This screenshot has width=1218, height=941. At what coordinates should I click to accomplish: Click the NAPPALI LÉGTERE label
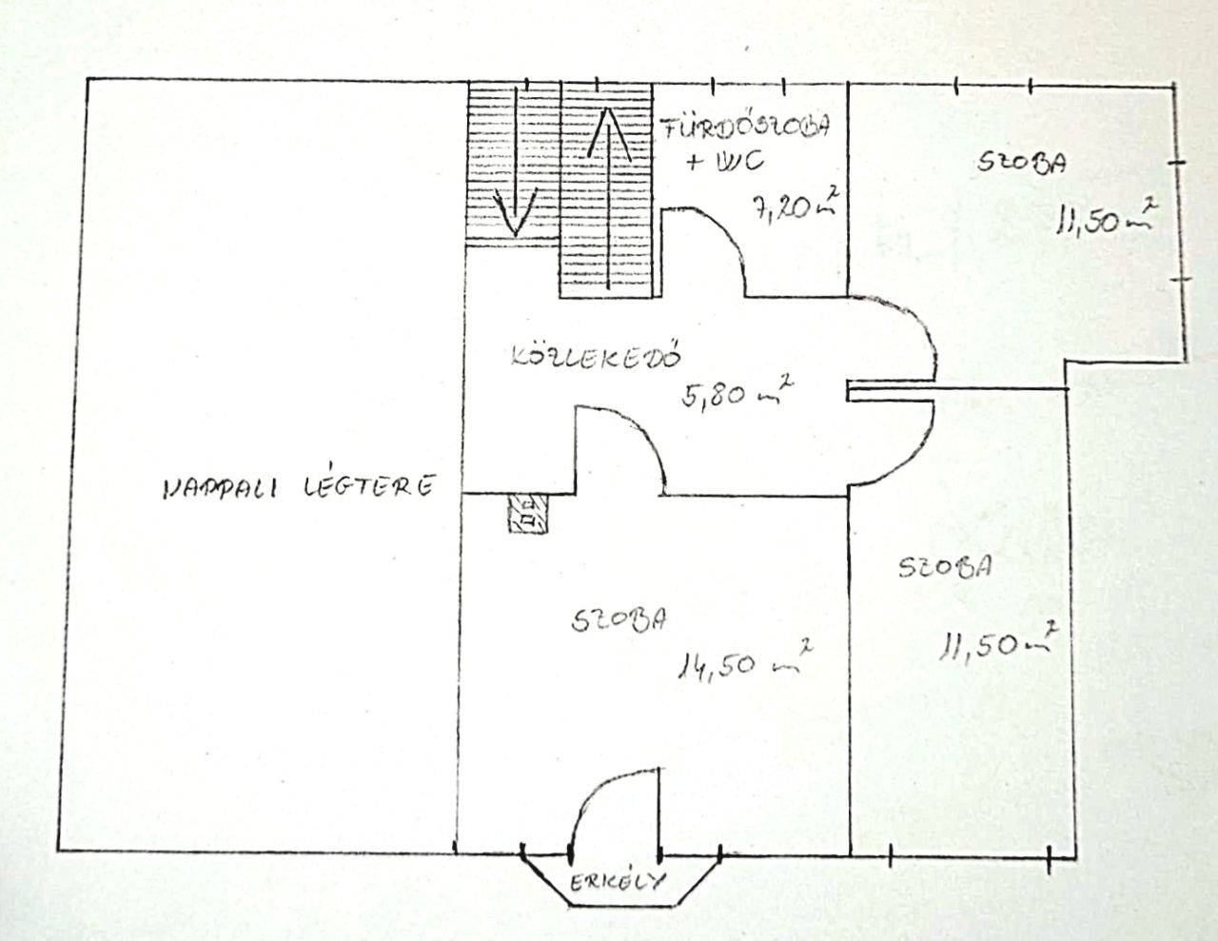pyautogui.click(x=299, y=485)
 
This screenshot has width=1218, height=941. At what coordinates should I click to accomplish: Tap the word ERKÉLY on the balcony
pyautogui.click(x=618, y=883)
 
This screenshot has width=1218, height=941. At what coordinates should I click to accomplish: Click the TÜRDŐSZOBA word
pyautogui.click(x=744, y=127)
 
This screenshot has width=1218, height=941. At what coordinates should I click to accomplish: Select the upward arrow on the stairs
pyautogui.click(x=609, y=198)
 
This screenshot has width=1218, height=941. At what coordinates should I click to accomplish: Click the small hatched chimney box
pyautogui.click(x=527, y=514)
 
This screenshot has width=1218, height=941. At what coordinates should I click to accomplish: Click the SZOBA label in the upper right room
pyautogui.click(x=1022, y=164)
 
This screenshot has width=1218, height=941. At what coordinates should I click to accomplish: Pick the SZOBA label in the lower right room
pyautogui.click(x=945, y=566)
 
